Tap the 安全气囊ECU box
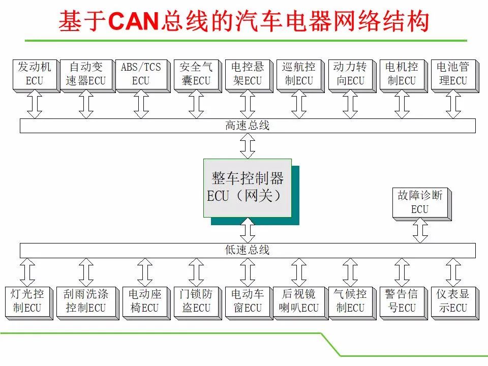click(x=198, y=76)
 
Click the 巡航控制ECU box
click(x=300, y=76)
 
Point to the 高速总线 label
click(x=248, y=126)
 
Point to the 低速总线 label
click(x=248, y=250)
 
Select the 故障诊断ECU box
click(x=422, y=204)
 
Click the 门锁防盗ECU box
click(x=198, y=303)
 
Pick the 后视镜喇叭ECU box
click(x=300, y=303)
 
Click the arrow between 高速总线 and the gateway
click(x=248, y=146)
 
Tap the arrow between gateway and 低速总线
click(x=248, y=230)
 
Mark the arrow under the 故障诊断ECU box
click(x=420, y=230)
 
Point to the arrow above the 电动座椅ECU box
click(x=145, y=272)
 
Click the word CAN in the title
click(x=134, y=21)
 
